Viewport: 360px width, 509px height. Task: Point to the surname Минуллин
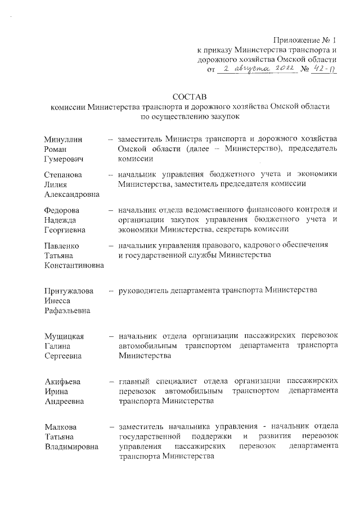tap(62, 139)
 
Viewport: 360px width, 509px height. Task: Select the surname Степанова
tap(63, 174)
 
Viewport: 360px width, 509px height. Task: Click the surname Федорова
tap(61, 210)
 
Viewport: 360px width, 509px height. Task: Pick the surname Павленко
tap(62, 246)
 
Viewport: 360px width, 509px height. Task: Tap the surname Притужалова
tap(68, 290)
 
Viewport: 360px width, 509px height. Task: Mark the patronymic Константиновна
tap(74, 265)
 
